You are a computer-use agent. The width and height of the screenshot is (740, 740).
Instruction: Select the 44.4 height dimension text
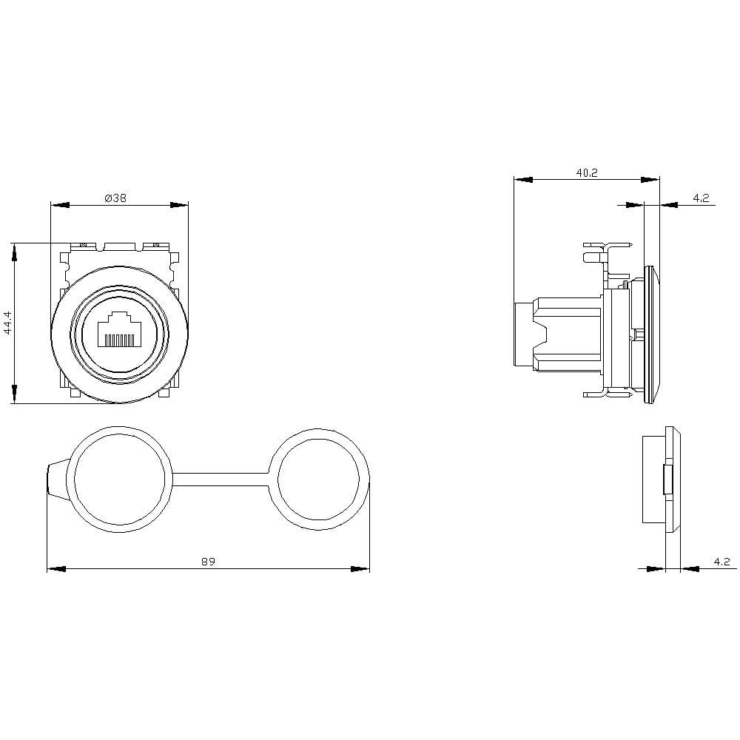8,323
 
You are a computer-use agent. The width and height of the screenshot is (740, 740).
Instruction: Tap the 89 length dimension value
208,562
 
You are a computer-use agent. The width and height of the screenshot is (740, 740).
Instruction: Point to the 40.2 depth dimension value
586,172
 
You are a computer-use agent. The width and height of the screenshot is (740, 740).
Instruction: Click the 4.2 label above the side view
701,198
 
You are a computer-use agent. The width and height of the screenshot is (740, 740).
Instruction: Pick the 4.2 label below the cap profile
721,562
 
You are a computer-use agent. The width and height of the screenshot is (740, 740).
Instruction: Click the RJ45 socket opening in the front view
118,329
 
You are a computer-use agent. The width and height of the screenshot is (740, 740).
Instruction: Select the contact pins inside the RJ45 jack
118,340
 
